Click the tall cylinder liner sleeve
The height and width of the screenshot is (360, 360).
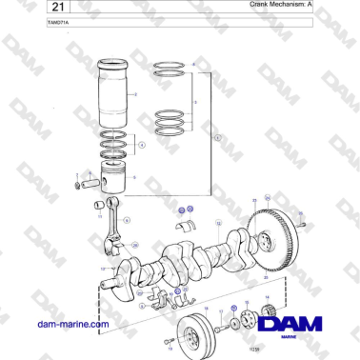coord(118,95)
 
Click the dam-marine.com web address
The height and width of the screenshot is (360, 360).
coord(71,324)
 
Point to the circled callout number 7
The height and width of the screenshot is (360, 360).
coord(216,138)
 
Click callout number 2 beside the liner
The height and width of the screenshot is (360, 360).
coord(137,95)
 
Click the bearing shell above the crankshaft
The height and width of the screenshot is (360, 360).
coord(187,225)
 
